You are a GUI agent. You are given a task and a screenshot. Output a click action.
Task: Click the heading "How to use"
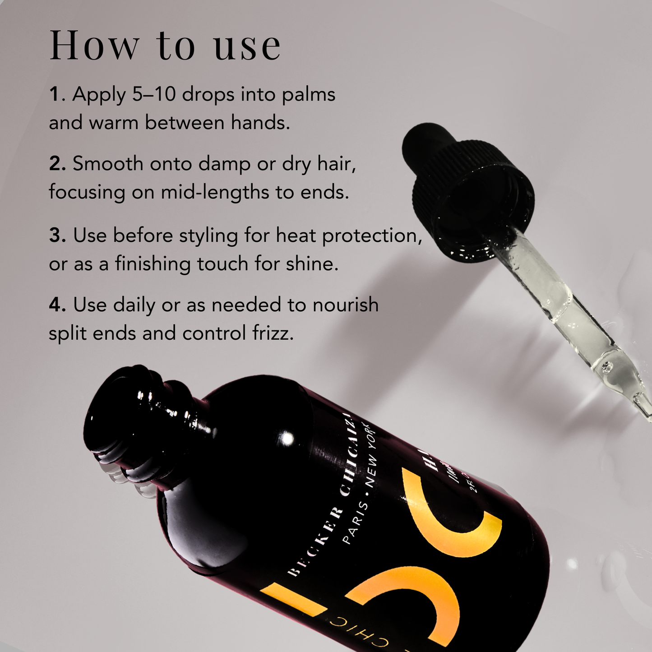tap(165, 46)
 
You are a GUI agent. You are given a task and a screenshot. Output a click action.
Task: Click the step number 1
tap(55, 94)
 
